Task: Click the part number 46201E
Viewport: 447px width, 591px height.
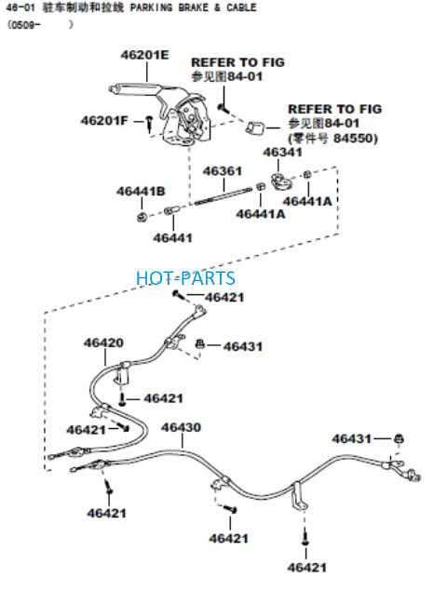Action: point(145,55)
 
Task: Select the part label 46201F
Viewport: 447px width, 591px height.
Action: point(104,121)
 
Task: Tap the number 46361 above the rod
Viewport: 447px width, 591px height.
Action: point(223,171)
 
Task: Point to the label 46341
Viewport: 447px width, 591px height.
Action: point(282,153)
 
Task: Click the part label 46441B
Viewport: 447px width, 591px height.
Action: point(141,191)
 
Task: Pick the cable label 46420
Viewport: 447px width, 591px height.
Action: point(103,343)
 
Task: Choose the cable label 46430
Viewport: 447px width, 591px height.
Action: point(181,427)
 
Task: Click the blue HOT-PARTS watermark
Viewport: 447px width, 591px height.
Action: point(185,278)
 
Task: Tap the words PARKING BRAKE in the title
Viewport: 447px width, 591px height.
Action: point(169,7)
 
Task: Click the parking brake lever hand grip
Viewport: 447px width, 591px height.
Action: point(134,87)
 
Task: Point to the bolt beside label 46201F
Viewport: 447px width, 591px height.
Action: point(150,123)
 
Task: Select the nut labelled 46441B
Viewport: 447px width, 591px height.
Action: point(142,217)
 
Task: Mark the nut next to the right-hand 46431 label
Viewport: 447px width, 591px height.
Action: point(399,438)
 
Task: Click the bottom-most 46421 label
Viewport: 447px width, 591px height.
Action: point(307,567)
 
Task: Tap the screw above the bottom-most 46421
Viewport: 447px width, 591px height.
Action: point(305,538)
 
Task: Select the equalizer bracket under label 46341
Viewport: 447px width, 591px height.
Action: point(282,181)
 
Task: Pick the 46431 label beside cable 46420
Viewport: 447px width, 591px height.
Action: point(242,346)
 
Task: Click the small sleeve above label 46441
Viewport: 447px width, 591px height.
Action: point(169,210)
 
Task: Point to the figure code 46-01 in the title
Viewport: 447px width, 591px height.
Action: point(20,8)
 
